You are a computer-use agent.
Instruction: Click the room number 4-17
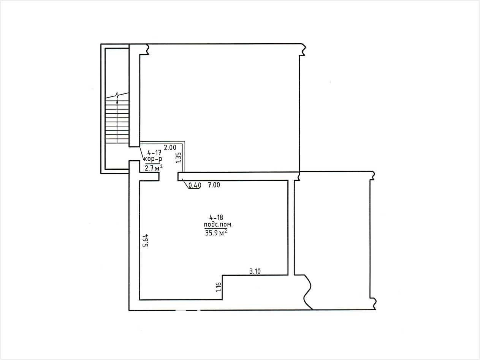click(x=154, y=152)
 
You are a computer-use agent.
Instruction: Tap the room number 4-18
click(x=216, y=217)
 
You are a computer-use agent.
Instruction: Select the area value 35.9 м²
click(x=216, y=233)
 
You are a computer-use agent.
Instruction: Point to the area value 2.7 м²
click(x=154, y=168)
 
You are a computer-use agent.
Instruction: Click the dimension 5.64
click(x=146, y=240)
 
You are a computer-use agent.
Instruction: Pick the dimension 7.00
click(x=214, y=185)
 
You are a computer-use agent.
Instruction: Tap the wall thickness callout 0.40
click(x=195, y=185)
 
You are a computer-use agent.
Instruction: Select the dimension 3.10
click(x=255, y=271)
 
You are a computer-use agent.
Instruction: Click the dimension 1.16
click(x=219, y=287)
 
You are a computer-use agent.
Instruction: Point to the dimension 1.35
click(x=179, y=158)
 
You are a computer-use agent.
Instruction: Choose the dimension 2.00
click(x=170, y=148)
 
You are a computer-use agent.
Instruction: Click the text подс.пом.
click(x=218, y=225)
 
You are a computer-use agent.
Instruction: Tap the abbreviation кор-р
click(x=153, y=159)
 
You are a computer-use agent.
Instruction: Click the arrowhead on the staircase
click(x=117, y=101)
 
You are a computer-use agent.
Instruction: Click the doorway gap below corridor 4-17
click(x=168, y=177)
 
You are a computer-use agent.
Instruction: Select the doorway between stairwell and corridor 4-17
click(x=134, y=154)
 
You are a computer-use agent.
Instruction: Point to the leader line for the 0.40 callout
click(x=185, y=183)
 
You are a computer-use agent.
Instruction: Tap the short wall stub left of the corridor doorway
click(x=149, y=177)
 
